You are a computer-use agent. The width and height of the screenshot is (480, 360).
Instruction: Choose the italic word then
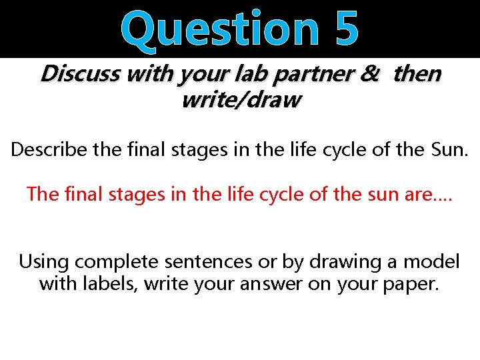point(417,74)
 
